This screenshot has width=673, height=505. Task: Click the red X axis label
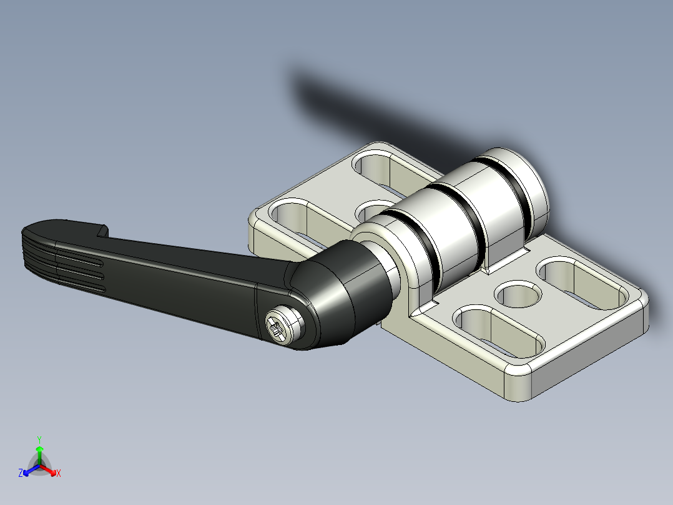[x=59, y=474]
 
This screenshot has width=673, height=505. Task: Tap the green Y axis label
[x=39, y=439]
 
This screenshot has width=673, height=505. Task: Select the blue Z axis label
[x=21, y=474]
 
